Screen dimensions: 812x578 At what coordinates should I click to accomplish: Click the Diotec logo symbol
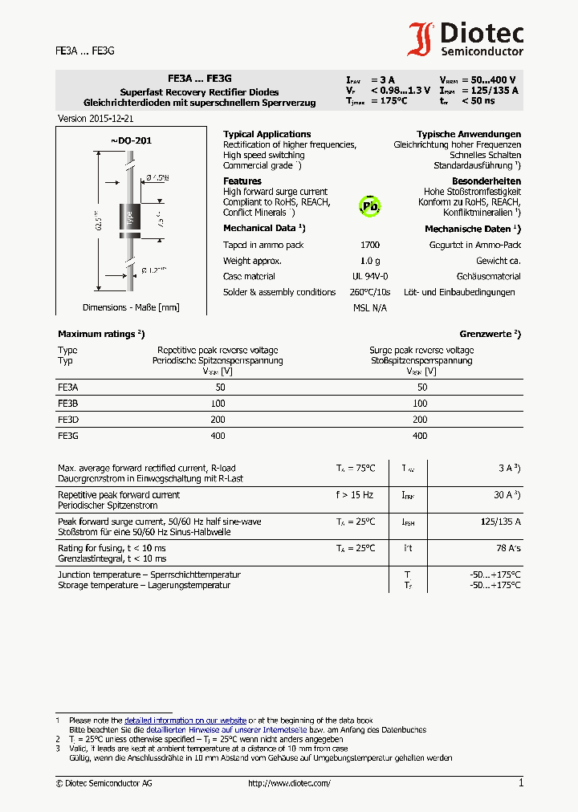point(421,39)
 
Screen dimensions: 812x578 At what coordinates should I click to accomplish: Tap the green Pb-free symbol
point(369,205)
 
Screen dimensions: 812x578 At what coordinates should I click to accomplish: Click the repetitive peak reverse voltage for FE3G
point(218,435)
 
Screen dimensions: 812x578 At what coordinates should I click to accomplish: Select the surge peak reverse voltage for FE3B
point(420,403)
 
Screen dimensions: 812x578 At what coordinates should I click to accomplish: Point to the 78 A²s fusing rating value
point(507,548)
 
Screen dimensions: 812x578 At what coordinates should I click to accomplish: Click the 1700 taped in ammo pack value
point(370,245)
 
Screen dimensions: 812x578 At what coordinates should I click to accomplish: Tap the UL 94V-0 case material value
point(370,276)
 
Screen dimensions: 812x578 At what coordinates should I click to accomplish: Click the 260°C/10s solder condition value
point(372,292)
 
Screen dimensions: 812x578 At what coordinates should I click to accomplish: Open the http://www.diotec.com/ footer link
point(289,783)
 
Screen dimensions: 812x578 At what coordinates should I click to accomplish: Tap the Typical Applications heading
point(267,134)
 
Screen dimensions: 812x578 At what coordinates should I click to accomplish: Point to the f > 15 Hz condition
point(354,495)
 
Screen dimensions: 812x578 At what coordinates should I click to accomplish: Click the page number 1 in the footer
point(520,782)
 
